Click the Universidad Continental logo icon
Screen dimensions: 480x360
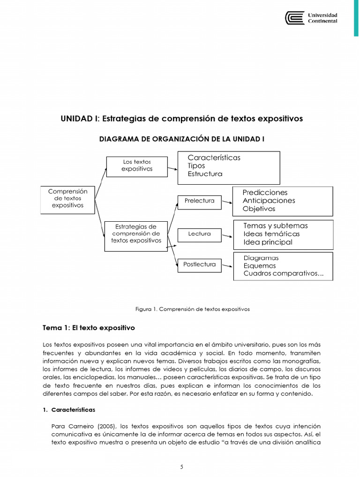point(294,18)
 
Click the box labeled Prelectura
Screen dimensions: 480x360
point(199,201)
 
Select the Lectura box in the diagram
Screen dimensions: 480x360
point(199,234)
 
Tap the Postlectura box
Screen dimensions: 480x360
point(199,265)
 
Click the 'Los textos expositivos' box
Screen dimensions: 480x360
point(136,166)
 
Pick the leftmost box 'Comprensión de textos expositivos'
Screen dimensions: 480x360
point(67,199)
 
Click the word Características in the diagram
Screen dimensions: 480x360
point(214,157)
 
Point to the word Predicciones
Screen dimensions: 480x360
point(265,193)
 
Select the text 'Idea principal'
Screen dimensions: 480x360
point(268,242)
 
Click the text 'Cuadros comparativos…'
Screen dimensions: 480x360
point(283,274)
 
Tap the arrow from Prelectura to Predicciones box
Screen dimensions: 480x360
point(227,202)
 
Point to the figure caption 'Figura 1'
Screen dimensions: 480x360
point(146,309)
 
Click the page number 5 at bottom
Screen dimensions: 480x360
point(181,467)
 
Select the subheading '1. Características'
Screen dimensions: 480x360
point(69,410)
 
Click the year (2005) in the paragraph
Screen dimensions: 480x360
point(107,426)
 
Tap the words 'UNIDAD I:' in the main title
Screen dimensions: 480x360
point(80,119)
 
